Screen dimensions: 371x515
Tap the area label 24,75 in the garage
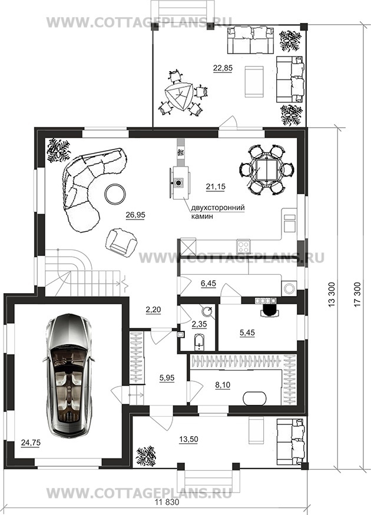[x=31, y=443]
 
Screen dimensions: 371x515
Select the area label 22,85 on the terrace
[x=223, y=68]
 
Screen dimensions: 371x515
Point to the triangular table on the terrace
[x=180, y=97]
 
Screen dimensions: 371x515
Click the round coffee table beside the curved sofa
[x=115, y=194]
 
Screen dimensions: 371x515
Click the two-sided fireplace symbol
[x=179, y=182]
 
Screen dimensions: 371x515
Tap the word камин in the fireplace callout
[x=202, y=217]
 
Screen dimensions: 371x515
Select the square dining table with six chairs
[x=267, y=170]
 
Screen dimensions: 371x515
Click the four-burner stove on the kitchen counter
[x=243, y=245]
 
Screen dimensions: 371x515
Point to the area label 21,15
[x=216, y=187]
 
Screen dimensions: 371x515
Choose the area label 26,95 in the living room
[x=135, y=215]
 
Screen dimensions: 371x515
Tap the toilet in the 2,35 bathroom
[x=199, y=342]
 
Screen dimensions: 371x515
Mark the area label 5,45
[x=247, y=333]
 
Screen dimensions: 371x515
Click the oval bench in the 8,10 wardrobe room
[x=255, y=398]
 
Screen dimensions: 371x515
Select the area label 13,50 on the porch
[x=188, y=439]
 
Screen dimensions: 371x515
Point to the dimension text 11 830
[x=167, y=502]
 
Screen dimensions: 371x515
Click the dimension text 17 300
[x=358, y=294]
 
